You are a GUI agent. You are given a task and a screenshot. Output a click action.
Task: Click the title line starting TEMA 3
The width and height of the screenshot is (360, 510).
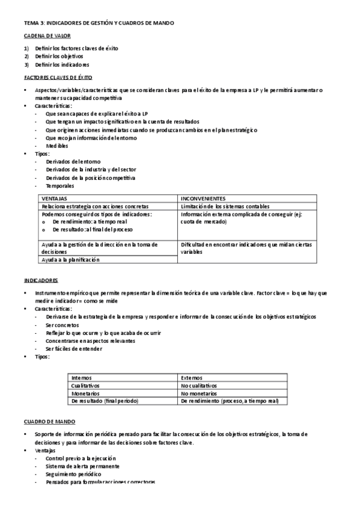tap(99, 22)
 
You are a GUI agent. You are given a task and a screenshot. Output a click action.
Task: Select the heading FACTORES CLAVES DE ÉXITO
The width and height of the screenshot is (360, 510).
tap(58, 78)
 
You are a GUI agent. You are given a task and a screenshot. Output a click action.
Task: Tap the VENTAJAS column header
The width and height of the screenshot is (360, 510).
tap(55, 198)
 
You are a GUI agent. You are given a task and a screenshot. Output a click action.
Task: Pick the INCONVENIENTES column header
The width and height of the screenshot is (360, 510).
tap(203, 198)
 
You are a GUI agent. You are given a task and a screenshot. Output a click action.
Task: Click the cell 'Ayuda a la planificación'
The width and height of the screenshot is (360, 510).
tap(71, 260)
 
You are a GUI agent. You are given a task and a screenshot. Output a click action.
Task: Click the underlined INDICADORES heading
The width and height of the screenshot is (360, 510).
tap(41, 280)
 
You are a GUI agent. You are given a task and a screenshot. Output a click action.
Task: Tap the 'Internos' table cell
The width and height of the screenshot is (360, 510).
tap(81, 378)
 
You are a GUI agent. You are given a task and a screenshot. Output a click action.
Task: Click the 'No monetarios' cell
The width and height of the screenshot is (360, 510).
tap(198, 393)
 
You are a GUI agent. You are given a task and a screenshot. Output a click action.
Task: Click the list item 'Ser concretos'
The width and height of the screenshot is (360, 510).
tap(62, 325)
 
